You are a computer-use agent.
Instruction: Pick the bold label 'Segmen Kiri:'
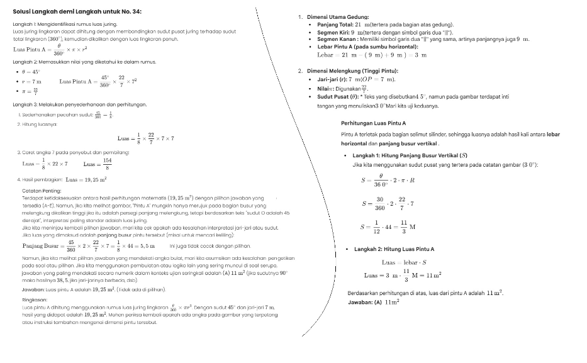[x=333, y=31]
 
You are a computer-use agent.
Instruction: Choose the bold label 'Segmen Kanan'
[x=336, y=39]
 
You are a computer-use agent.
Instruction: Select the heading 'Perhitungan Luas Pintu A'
[x=373, y=123]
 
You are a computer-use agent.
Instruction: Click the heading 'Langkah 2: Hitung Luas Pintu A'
[x=393, y=249]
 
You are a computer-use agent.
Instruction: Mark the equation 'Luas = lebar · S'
[x=404, y=262]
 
